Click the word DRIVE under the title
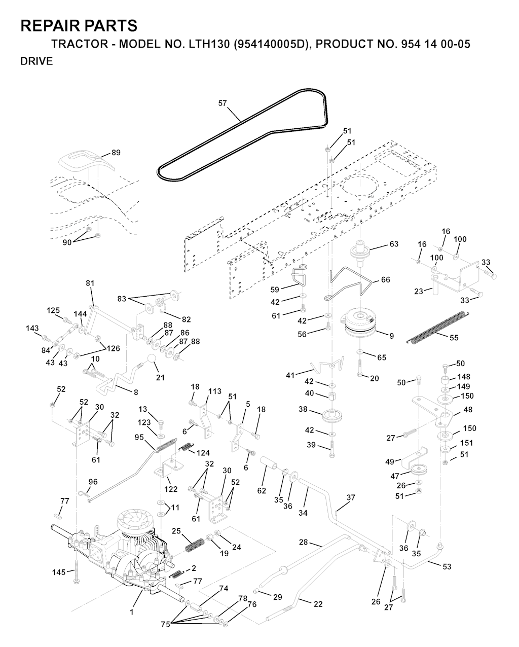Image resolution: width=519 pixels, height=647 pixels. (36, 61)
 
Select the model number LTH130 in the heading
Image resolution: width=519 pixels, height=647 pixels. (206, 44)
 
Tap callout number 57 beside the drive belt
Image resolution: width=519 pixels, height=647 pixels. (223, 103)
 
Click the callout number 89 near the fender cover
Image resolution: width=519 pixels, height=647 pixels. (116, 153)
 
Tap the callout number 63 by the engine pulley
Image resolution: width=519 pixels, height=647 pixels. (394, 244)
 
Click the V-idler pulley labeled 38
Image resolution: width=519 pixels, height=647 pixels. (332, 417)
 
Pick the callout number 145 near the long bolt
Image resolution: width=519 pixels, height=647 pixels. (59, 572)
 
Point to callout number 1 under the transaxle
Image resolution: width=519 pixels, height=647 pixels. (131, 612)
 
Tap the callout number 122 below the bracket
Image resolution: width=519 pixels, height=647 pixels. (171, 489)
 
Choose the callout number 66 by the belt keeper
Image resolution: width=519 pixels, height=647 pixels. (386, 280)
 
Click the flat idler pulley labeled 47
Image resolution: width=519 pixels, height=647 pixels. (420, 470)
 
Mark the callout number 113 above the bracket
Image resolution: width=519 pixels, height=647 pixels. (215, 391)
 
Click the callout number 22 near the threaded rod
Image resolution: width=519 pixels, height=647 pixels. (318, 604)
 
